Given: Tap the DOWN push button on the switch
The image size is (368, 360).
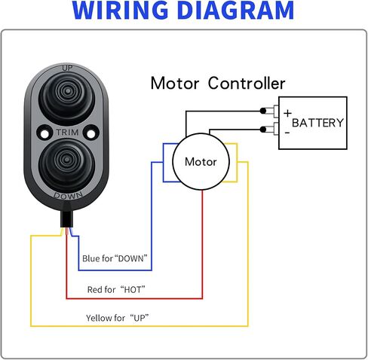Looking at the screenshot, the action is [67, 165].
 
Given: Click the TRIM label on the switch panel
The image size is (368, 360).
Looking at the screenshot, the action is [67, 133].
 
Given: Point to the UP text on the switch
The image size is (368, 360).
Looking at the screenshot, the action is [67, 68].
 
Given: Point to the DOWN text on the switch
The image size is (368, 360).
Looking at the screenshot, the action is [68, 196].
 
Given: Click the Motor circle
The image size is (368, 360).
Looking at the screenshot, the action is [201, 162].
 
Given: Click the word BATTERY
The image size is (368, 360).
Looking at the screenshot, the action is [317, 123].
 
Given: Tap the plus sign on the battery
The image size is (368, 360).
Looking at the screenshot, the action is [287, 114].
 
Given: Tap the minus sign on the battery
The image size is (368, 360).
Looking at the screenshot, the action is [287, 133].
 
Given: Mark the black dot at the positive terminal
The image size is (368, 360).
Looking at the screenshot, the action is [263, 111].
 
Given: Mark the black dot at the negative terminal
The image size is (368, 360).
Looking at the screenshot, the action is [263, 130].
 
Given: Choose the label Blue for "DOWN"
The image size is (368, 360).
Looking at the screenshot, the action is [115, 258].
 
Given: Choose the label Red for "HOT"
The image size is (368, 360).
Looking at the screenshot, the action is [116, 290].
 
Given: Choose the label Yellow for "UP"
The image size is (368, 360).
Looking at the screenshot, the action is [118, 318].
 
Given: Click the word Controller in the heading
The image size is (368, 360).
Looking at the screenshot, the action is [247, 84].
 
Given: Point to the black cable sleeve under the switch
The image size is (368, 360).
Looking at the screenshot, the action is [67, 219].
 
